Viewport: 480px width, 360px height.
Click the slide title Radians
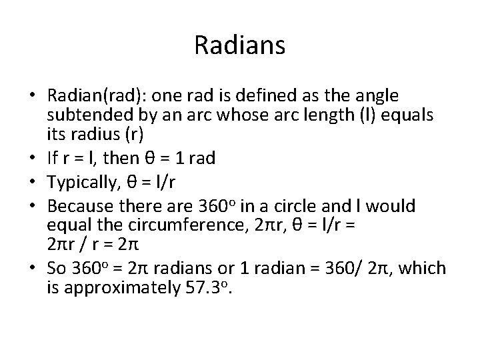240,45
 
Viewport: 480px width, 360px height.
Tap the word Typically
92,179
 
